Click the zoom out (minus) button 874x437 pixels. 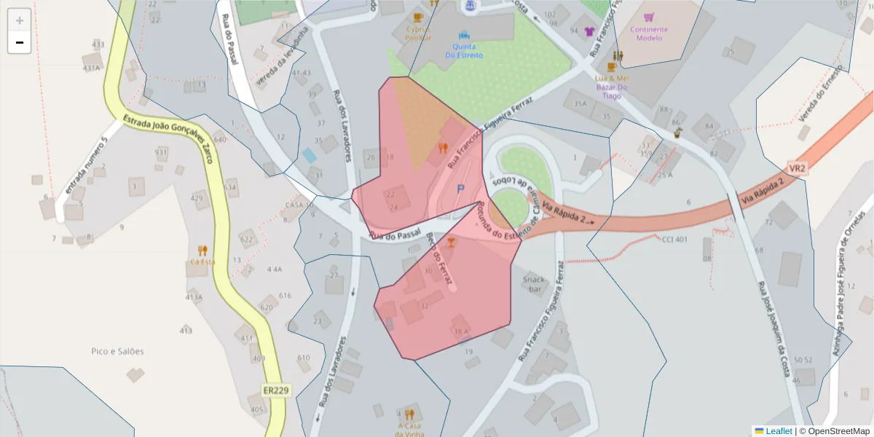point(20,42)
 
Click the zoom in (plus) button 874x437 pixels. point(20,20)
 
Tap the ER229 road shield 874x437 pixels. point(276,391)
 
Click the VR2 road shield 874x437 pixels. point(798,168)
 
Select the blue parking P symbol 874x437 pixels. point(460,189)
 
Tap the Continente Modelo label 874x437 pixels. point(649,34)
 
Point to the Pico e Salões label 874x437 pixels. point(117,351)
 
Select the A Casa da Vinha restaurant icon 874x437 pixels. point(409,414)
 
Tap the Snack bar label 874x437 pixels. point(535,284)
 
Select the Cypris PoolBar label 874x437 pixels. point(419,34)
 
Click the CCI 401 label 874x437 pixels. point(674,240)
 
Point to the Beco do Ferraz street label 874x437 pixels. point(439,258)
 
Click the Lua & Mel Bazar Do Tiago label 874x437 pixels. point(612,87)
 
